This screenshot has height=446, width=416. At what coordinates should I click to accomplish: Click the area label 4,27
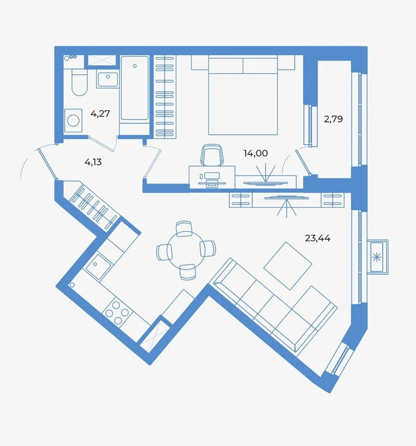pos(100,114)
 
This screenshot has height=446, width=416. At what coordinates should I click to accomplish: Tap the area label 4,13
pos(93,162)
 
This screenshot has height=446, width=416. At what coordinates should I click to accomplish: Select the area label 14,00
pos(255,153)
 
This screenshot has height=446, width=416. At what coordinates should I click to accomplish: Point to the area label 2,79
pos(333,120)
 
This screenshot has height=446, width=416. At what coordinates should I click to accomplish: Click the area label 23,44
pos(317,238)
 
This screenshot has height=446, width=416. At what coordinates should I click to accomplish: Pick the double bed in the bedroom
pos(242,96)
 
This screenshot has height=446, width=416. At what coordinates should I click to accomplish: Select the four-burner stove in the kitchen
pos(117,311)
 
